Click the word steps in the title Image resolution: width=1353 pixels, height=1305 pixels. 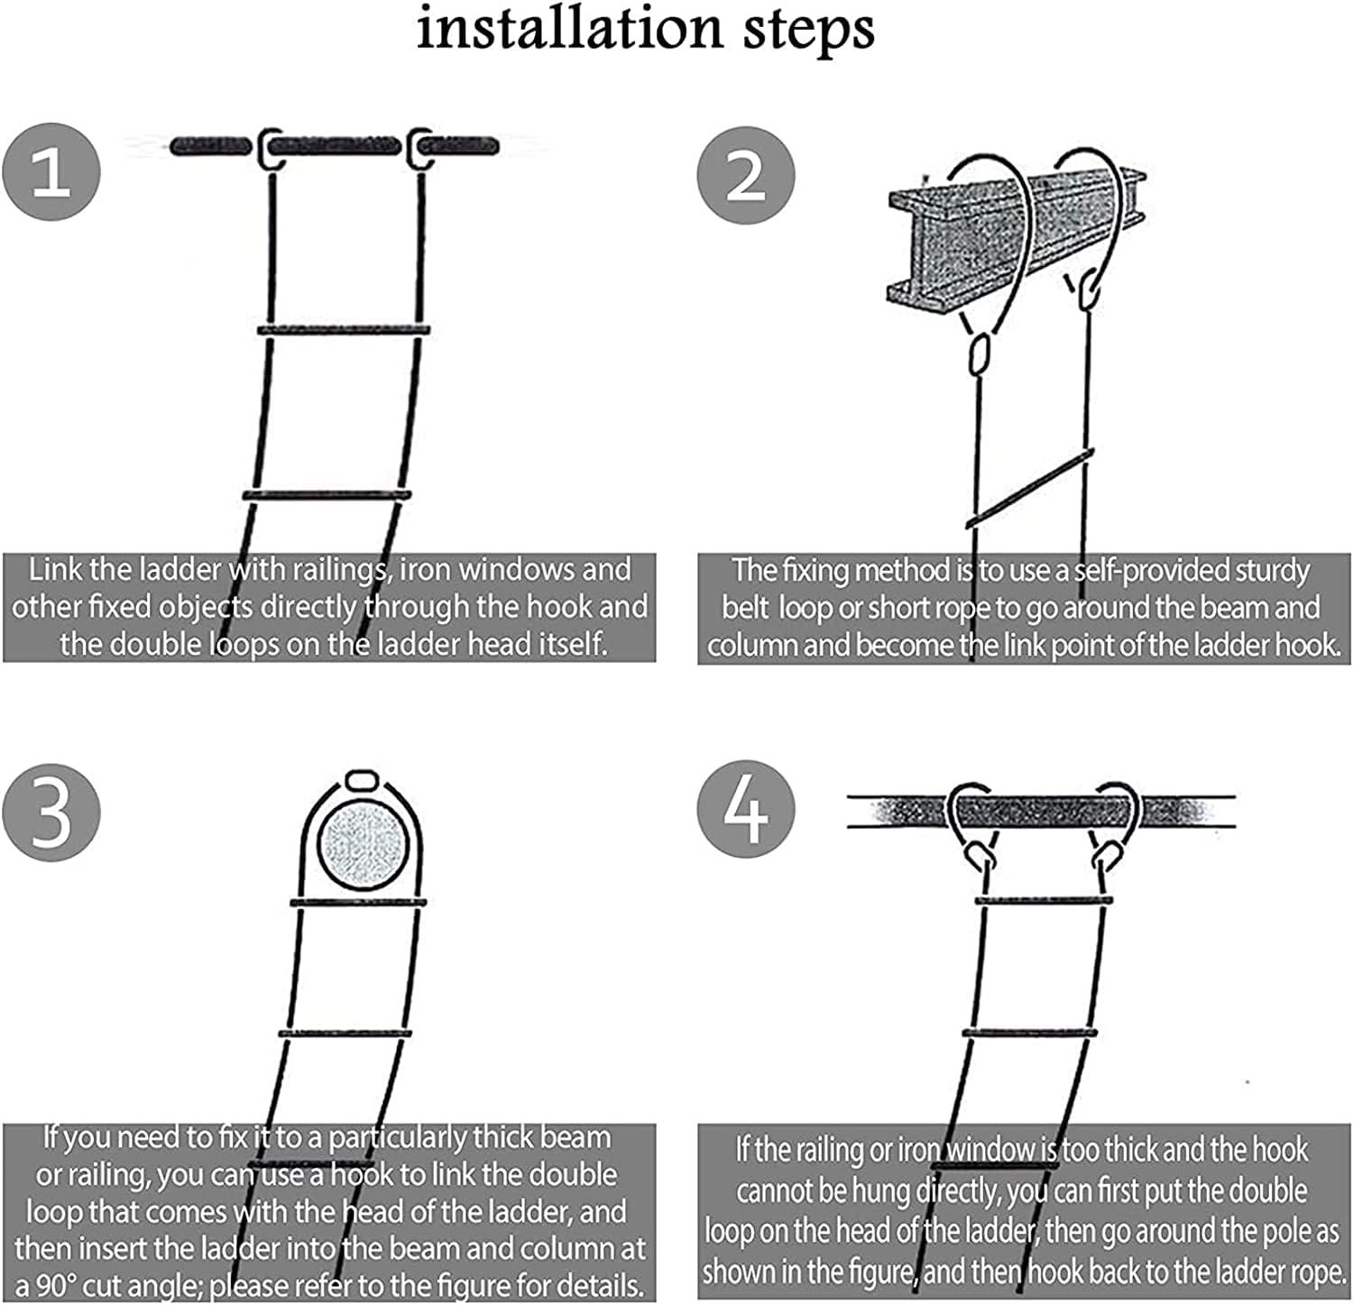pos(808,29)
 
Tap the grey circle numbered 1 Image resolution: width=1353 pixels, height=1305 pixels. pos(51,171)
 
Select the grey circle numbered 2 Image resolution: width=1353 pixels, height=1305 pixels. pos(746,174)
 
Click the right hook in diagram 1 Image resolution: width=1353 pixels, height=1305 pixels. pos(420,147)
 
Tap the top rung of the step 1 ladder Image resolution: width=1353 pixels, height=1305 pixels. pos(343,331)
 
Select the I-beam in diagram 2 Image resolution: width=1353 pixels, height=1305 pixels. pos(1015,239)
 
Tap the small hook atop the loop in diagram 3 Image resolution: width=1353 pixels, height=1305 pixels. pos(361,779)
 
